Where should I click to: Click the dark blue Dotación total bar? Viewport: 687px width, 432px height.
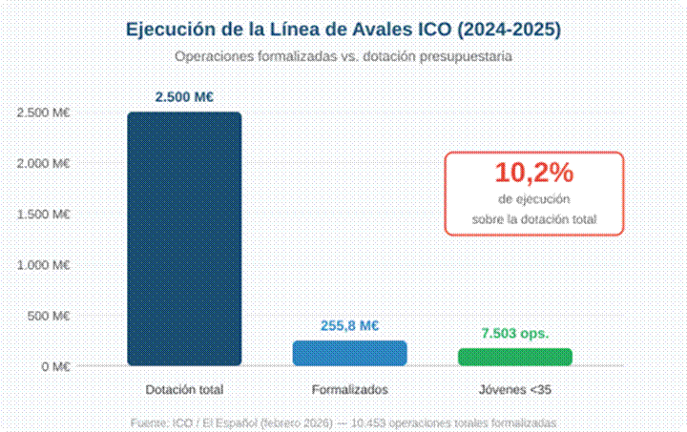184,238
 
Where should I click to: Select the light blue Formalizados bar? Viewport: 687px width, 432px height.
350,353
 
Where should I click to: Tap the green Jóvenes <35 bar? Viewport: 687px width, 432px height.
515,357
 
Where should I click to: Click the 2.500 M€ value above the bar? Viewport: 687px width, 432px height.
184,96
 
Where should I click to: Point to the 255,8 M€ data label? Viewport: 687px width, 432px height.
350,326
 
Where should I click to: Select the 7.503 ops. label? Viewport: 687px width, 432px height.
515,334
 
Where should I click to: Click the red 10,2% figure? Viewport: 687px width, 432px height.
533,173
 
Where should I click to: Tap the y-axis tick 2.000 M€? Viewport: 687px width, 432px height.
44,163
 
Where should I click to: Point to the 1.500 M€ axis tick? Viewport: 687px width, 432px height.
44,214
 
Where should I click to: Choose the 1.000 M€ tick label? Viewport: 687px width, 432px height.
44,264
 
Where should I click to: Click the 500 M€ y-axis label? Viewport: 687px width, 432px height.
49,316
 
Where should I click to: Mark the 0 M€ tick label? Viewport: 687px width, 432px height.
53,366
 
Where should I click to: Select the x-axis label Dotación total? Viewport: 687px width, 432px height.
184,390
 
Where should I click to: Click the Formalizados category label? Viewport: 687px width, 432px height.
350,390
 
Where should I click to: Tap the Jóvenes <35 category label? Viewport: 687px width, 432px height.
515,390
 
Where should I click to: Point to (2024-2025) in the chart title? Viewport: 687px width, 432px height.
511,30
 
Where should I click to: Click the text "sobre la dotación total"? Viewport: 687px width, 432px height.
534,219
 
